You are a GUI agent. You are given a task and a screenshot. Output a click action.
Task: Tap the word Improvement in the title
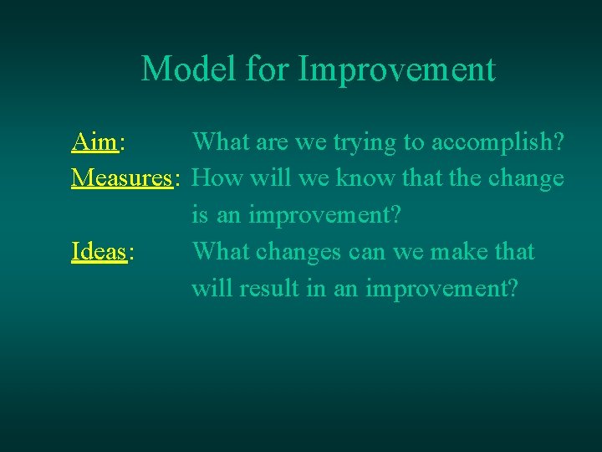click(x=396, y=69)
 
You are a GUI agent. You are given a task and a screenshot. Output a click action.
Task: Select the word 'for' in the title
click(x=268, y=69)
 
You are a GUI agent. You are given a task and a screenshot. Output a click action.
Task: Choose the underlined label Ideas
click(x=99, y=251)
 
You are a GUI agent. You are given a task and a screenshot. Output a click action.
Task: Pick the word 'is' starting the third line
click(x=200, y=215)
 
